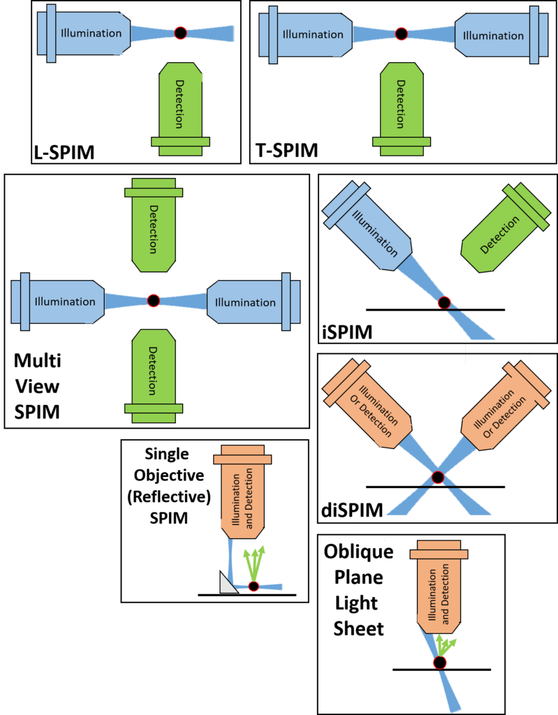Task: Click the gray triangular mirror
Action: point(228,584)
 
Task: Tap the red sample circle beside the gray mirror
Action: point(254,587)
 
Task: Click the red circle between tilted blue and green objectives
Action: point(443,303)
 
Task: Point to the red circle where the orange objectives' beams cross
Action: point(438,478)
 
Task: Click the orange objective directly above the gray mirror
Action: point(241,492)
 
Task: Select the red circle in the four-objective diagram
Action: point(154,301)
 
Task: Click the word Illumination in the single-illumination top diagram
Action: point(91,33)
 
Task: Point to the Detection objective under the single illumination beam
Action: point(180,105)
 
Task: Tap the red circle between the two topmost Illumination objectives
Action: point(401,34)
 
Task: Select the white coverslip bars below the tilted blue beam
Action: point(497,351)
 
